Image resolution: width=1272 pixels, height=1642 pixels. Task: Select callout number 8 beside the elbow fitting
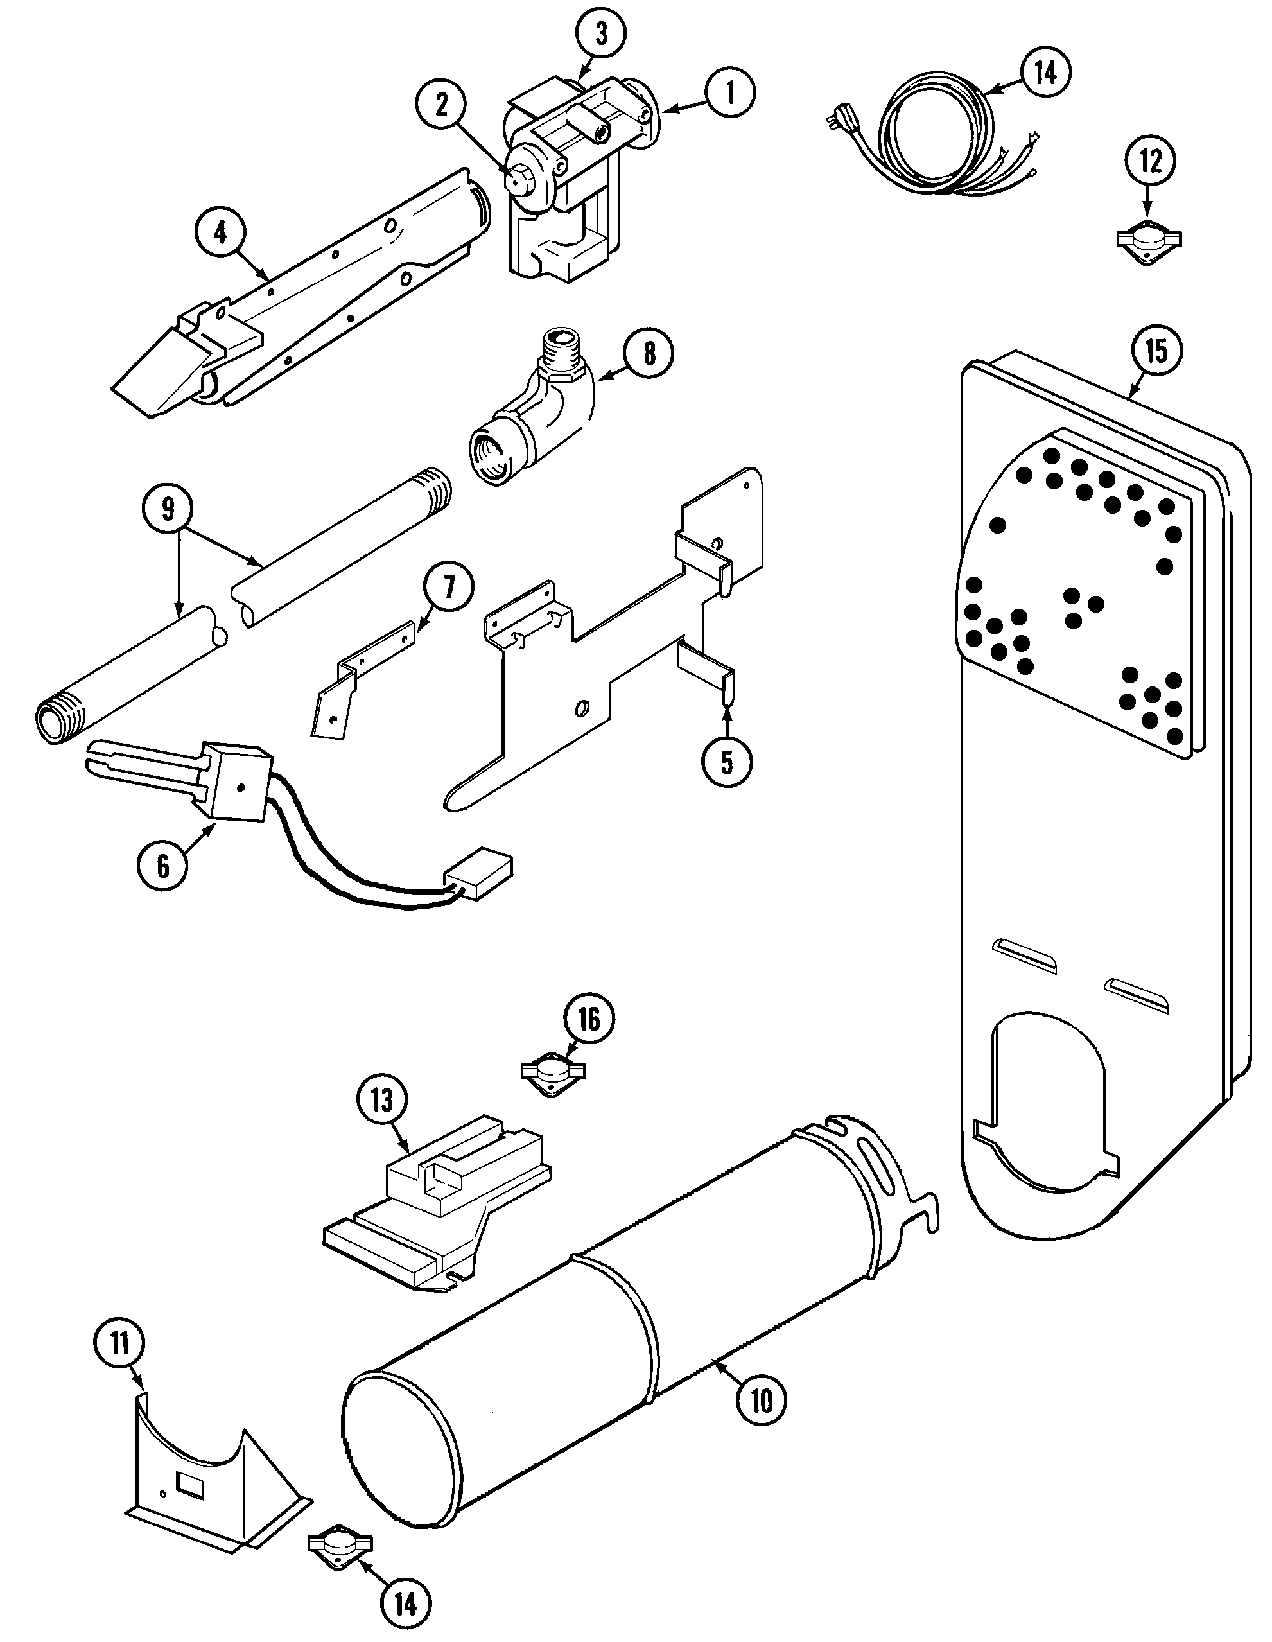pyautogui.click(x=649, y=353)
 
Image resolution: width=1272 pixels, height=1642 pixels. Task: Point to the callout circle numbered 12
pyautogui.click(x=1150, y=161)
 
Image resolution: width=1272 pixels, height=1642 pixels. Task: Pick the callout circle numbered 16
pyautogui.click(x=589, y=1020)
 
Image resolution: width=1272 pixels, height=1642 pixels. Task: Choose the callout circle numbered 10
pyautogui.click(x=762, y=1400)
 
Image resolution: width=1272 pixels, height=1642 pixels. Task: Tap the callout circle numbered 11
pyautogui.click(x=120, y=1343)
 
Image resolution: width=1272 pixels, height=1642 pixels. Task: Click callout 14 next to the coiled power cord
pyautogui.click(x=1045, y=73)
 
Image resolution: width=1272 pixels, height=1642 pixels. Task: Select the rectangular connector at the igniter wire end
pyautogui.click(x=480, y=875)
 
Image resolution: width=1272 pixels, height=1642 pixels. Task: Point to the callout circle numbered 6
pyautogui.click(x=163, y=866)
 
